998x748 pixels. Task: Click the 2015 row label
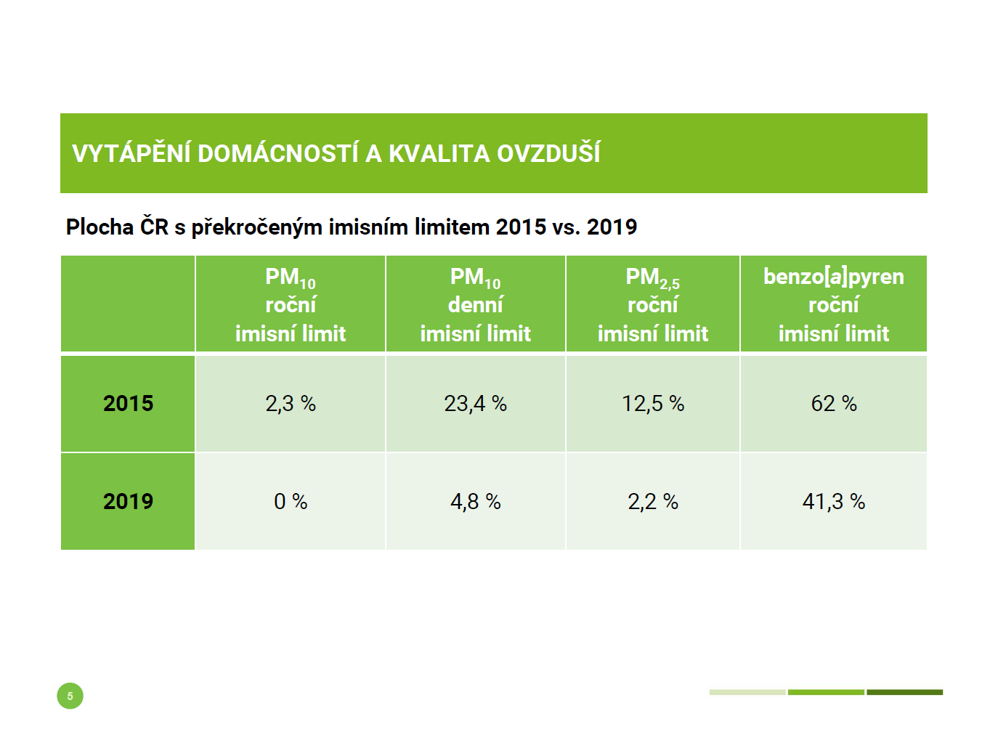[x=128, y=404]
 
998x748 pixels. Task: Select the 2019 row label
[x=128, y=501]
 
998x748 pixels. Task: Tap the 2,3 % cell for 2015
[x=291, y=404]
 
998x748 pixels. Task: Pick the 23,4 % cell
[x=475, y=404]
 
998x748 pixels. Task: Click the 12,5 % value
[x=652, y=404]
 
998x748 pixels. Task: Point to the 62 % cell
[x=834, y=404]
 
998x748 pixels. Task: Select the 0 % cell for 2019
[x=291, y=501]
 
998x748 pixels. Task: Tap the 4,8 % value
[x=475, y=501]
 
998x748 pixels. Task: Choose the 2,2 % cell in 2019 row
[x=652, y=501]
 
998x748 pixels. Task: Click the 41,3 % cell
[x=834, y=501]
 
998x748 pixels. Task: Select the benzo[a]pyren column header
[x=834, y=277]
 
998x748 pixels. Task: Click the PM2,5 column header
[x=652, y=277]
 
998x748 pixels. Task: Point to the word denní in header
[x=475, y=305]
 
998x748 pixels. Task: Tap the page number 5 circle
[x=70, y=696]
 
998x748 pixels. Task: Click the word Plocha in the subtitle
[x=100, y=227]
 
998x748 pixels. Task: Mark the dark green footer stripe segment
[x=904, y=692]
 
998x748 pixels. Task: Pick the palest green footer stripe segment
[x=747, y=692]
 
